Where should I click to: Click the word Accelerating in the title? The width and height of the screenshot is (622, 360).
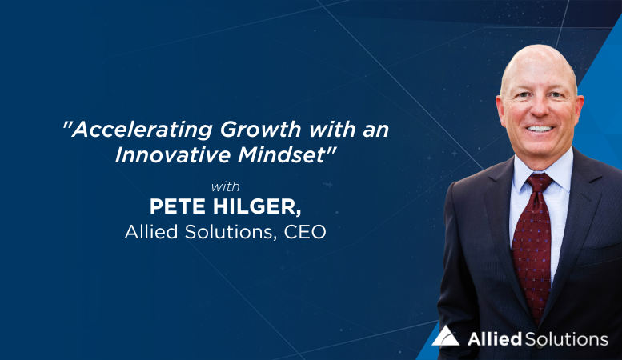(x=142, y=130)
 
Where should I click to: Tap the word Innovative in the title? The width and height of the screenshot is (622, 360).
(x=173, y=154)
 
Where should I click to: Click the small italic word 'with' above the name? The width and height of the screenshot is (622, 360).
(x=225, y=186)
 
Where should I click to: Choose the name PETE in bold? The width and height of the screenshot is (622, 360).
(x=178, y=206)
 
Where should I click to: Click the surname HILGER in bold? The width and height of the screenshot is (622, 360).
(x=257, y=206)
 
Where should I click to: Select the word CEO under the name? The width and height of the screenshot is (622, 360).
(x=305, y=232)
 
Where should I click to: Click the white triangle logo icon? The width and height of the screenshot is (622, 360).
(x=445, y=337)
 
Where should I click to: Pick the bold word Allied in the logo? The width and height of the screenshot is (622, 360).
(x=494, y=339)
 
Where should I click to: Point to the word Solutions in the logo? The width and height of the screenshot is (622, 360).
(x=567, y=339)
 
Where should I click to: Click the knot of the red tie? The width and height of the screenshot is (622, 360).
(x=539, y=182)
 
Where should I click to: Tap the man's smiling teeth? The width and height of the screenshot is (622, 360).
(x=540, y=129)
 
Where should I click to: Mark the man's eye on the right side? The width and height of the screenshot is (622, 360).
(x=556, y=95)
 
